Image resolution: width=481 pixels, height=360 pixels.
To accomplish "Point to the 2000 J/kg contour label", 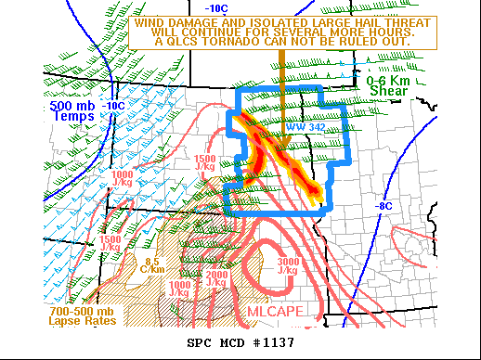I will coord(217,279).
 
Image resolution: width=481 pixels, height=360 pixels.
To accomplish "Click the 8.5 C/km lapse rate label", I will coord(154,265).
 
